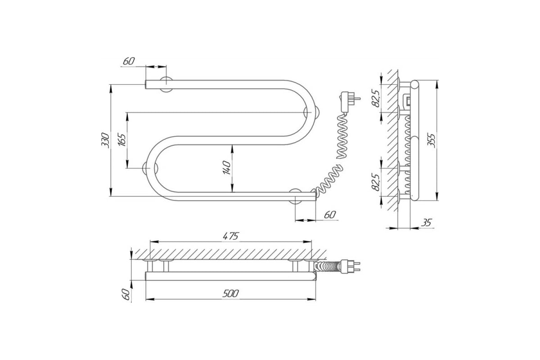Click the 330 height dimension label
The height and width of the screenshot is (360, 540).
point(105,140)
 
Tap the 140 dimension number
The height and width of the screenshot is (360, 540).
point(227,168)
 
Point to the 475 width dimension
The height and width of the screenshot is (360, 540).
point(230,236)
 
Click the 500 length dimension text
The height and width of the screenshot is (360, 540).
point(230,293)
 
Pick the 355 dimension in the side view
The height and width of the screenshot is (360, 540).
point(431,140)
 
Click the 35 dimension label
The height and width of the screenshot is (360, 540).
point(426,223)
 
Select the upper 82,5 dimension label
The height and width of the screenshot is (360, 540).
point(376,98)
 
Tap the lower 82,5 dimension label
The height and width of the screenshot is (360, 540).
point(376,182)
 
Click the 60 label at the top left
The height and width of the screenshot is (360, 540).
point(129,61)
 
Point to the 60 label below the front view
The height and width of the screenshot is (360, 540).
point(330,215)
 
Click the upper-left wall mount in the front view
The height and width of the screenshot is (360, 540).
point(166,85)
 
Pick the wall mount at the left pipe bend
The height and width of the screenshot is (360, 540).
point(150,168)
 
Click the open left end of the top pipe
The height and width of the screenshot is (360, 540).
point(146,85)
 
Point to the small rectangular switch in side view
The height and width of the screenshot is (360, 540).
point(407,101)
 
